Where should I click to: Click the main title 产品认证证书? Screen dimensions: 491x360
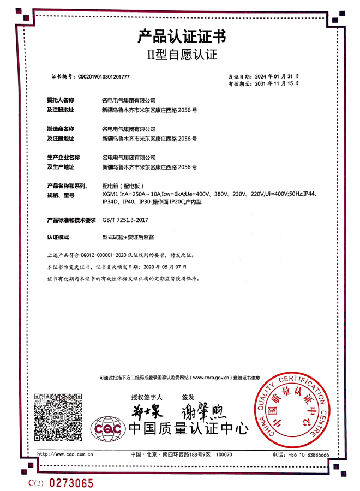181,37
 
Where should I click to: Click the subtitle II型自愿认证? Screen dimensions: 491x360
181,55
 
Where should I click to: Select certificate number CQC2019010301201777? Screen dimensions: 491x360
104,77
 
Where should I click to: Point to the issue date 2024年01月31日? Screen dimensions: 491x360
276,76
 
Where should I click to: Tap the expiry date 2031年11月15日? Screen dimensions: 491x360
276,84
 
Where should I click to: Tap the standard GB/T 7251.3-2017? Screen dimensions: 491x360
125,220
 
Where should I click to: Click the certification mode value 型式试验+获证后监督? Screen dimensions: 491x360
129,238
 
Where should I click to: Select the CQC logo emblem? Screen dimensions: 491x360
108,430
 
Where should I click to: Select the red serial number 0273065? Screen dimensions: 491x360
71,483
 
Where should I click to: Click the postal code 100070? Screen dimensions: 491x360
224,454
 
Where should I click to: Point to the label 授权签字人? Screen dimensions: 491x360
143,397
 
